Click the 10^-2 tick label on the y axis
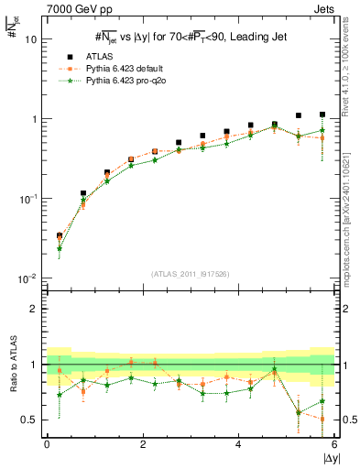pos(27,278)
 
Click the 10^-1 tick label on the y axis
pos(27,199)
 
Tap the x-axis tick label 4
pos(239,444)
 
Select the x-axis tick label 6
pos(334,444)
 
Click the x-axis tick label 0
pos(47,444)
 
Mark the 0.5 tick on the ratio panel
pos(28,420)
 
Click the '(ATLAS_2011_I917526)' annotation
pos(190,272)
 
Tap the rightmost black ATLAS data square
pos(322,115)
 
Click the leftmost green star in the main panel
pos(60,248)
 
